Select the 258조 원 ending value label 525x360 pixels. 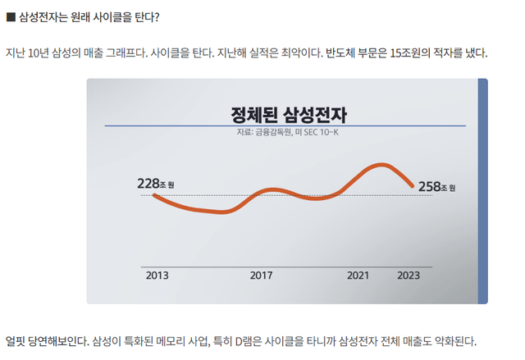pyautogui.click(x=436, y=186)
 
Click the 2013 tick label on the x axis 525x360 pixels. pyautogui.click(x=157, y=275)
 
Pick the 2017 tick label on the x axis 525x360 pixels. pyautogui.click(x=261, y=275)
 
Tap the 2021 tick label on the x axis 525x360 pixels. pyautogui.click(x=358, y=275)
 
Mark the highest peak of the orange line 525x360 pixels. pyautogui.click(x=381, y=165)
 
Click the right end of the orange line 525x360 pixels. pyautogui.click(x=413, y=186)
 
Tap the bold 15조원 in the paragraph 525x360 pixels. pyautogui.click(x=383, y=54)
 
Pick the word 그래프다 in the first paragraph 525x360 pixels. pyautogui.click(x=123, y=54)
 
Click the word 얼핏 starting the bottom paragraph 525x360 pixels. pyautogui.click(x=16, y=340)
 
